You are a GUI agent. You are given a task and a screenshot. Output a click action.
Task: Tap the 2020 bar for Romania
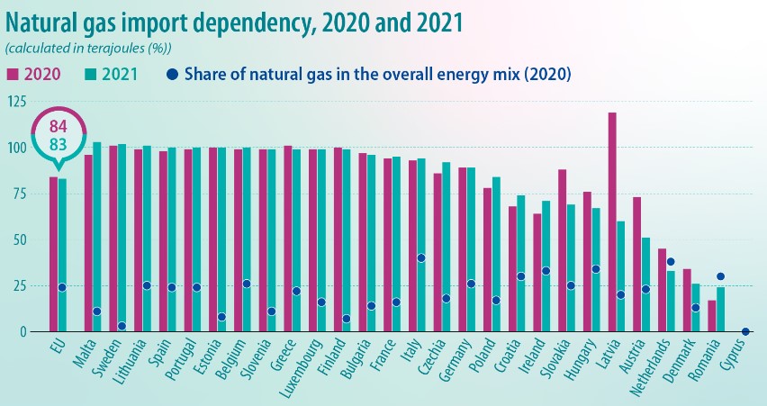pyautogui.click(x=711, y=315)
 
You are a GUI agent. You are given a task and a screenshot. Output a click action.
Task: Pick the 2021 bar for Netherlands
pyautogui.click(x=670, y=301)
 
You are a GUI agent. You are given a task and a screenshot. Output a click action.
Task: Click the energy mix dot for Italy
pyautogui.click(x=421, y=258)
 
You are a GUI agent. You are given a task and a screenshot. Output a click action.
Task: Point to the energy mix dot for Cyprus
pyautogui.click(x=744, y=331)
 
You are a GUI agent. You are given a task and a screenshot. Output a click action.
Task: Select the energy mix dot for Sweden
pyautogui.click(x=122, y=326)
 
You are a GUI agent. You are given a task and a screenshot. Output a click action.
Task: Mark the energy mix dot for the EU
pyautogui.click(x=62, y=287)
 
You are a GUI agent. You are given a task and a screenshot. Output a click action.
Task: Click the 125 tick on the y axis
pyautogui.click(x=16, y=102)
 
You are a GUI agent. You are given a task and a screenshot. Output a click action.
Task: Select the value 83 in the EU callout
pyautogui.click(x=57, y=143)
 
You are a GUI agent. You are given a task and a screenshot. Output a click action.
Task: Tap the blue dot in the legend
pyautogui.click(x=172, y=74)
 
